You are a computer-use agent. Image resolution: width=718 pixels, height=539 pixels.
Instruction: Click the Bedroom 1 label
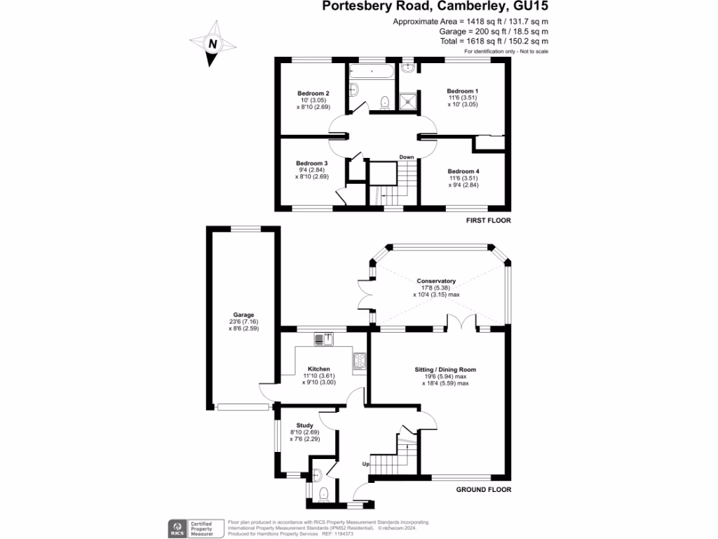(463, 91)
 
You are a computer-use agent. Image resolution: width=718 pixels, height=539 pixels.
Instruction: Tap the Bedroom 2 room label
(313, 93)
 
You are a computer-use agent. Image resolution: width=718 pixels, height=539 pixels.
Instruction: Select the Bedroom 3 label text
(311, 163)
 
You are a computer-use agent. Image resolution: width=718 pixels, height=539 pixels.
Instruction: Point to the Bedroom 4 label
(463, 171)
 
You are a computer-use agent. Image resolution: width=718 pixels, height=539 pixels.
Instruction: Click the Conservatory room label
(436, 281)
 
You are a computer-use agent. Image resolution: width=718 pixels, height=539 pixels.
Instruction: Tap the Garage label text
(243, 315)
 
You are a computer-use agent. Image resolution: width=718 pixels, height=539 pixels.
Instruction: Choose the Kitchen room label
(318, 369)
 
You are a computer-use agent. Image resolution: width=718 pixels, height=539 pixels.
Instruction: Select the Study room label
(304, 425)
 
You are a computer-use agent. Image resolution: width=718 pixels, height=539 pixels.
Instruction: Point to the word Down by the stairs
(407, 157)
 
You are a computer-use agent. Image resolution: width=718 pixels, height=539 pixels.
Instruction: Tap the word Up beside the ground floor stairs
(365, 464)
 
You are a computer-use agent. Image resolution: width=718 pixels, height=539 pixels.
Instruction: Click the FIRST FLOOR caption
(488, 220)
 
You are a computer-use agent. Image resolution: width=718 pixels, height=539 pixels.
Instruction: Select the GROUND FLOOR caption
(483, 490)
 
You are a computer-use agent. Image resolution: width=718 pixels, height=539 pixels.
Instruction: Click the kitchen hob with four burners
(360, 361)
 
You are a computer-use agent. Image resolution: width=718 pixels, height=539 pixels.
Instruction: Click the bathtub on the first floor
(371, 72)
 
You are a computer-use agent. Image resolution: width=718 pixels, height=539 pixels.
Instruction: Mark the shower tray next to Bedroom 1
(407, 102)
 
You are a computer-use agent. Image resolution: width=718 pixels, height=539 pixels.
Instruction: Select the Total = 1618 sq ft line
(490, 41)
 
